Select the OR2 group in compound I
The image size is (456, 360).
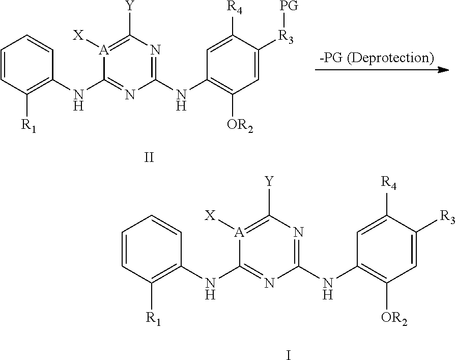click(394, 320)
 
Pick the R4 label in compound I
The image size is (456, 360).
click(388, 182)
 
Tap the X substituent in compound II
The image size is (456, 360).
click(78, 35)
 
